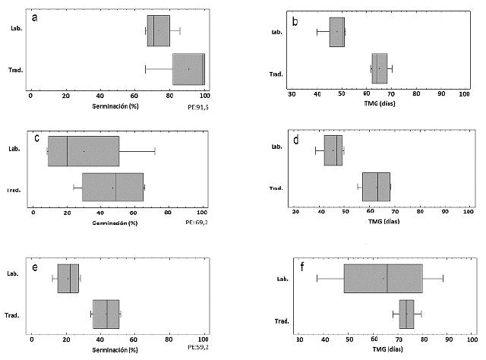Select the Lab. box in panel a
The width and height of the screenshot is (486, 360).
159,31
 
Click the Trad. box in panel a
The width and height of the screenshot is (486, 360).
188,69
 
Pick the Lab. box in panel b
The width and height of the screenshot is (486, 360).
337,32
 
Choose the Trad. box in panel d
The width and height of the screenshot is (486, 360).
376,186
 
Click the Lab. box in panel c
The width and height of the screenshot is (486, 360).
84,151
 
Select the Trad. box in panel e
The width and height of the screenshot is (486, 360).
106,314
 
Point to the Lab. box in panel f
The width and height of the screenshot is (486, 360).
383,279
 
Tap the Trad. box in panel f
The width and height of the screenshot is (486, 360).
406,314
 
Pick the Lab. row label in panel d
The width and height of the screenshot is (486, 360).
277,147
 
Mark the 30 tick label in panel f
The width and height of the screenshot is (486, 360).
300,340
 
